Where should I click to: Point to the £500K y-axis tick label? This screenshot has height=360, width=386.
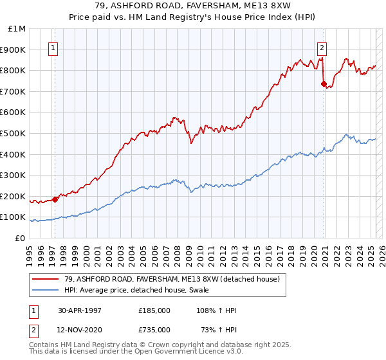[15, 134]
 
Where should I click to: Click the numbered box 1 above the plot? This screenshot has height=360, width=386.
[53, 47]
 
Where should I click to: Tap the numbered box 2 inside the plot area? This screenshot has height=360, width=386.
[322, 47]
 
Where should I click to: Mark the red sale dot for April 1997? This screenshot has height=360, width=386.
[55, 199]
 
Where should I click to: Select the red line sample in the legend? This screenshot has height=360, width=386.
[46, 280]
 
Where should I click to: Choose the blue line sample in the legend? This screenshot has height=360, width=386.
[46, 291]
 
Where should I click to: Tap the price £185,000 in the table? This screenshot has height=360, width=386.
[154, 310]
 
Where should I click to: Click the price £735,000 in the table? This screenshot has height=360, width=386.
[154, 330]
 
